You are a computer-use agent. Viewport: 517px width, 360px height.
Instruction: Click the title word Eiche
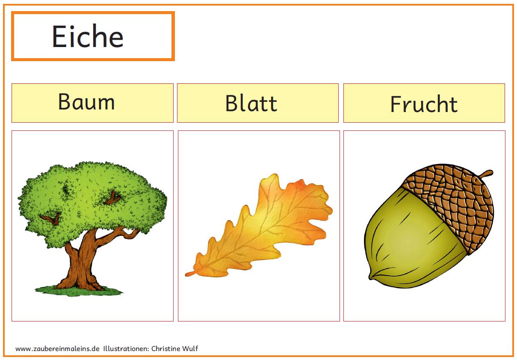click(88, 36)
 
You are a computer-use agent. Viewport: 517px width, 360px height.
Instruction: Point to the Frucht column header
click(424, 103)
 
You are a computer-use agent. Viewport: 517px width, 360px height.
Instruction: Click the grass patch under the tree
click(79, 291)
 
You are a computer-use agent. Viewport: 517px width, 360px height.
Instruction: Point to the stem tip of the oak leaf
click(186, 274)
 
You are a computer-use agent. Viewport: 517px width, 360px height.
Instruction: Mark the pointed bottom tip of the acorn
click(370, 278)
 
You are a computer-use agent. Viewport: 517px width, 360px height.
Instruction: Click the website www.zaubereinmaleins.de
click(57, 348)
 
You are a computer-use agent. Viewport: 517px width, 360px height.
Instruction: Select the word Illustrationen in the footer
click(126, 348)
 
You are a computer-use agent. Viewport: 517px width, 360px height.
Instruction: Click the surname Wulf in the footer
click(190, 348)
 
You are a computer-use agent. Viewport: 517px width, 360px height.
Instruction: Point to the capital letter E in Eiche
click(59, 36)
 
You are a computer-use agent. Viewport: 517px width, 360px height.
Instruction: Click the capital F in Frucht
click(396, 104)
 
